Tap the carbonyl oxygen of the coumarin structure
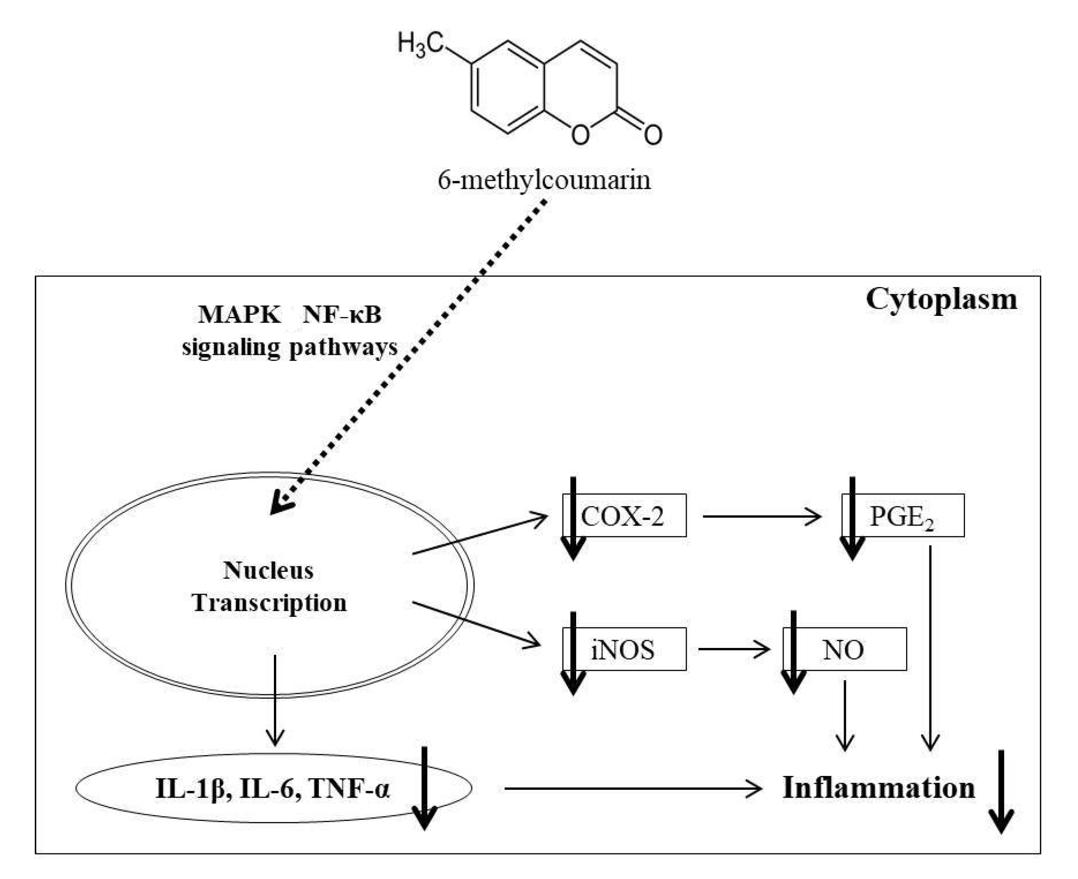[653, 134]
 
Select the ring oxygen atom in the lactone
[580, 134]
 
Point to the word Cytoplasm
[941, 300]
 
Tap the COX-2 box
[624, 515]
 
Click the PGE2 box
[903, 515]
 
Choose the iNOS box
[624, 649]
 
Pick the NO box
[845, 649]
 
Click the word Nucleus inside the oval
[268, 571]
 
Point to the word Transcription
[269, 603]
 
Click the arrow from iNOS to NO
[734, 649]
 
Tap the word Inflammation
[878, 788]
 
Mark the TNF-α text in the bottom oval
[350, 788]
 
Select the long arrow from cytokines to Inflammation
[633, 788]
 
